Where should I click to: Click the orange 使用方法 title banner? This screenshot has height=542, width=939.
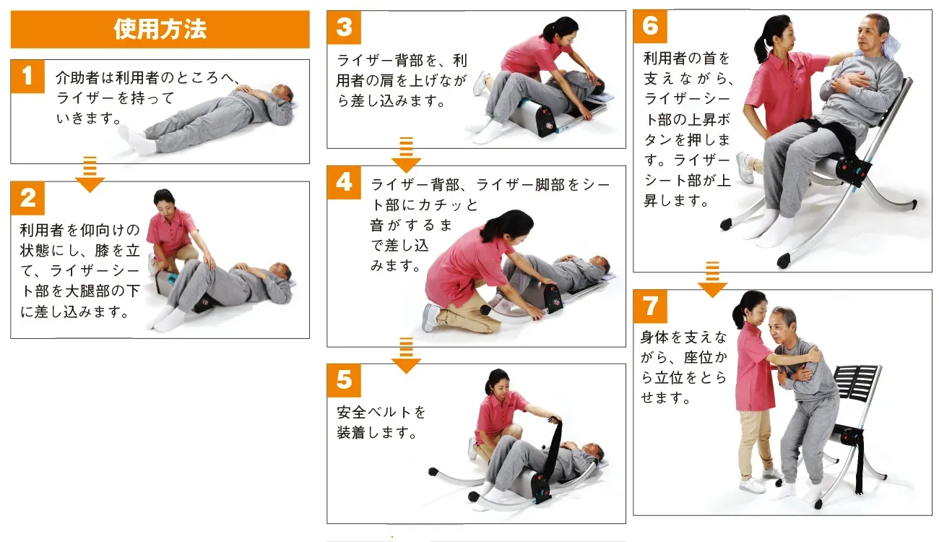(x=160, y=30)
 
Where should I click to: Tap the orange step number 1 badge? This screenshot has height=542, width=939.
(x=27, y=77)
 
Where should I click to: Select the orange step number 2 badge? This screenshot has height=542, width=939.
(x=27, y=198)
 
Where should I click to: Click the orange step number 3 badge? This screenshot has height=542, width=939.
(x=344, y=27)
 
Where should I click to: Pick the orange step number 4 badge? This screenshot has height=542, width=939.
(x=344, y=183)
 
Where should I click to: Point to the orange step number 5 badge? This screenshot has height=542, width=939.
(x=344, y=381)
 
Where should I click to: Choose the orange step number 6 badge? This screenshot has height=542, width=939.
(x=650, y=27)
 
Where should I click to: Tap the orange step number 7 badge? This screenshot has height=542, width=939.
(x=650, y=306)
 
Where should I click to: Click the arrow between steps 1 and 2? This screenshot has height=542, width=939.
(x=90, y=175)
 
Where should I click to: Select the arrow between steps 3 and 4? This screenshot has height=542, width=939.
(x=406, y=155)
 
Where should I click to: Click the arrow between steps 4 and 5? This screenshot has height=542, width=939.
(x=406, y=356)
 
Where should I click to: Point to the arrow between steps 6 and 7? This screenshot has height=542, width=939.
(x=712, y=280)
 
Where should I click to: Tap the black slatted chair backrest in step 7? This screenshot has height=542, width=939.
(x=856, y=382)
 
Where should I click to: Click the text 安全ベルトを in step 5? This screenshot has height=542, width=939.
(x=381, y=413)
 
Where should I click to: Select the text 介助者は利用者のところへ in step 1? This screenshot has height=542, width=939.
(x=143, y=77)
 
